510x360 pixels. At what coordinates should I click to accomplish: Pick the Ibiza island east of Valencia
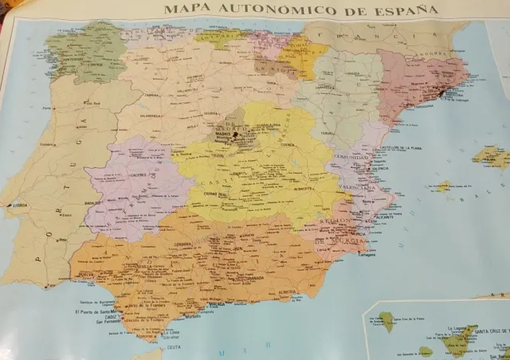[443, 186]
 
